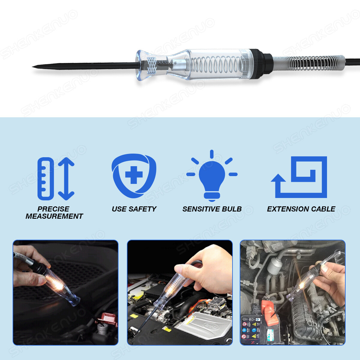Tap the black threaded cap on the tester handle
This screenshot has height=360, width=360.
point(258,64)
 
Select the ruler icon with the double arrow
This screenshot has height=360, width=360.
point(55,178)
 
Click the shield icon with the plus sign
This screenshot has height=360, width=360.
point(134,175)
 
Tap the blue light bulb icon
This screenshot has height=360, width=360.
point(212,177)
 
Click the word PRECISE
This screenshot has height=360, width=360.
point(53,209)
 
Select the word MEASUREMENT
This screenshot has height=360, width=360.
point(54,216)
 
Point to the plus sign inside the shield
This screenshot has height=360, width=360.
point(134,175)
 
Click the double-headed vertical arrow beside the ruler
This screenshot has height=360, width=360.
point(66,178)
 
